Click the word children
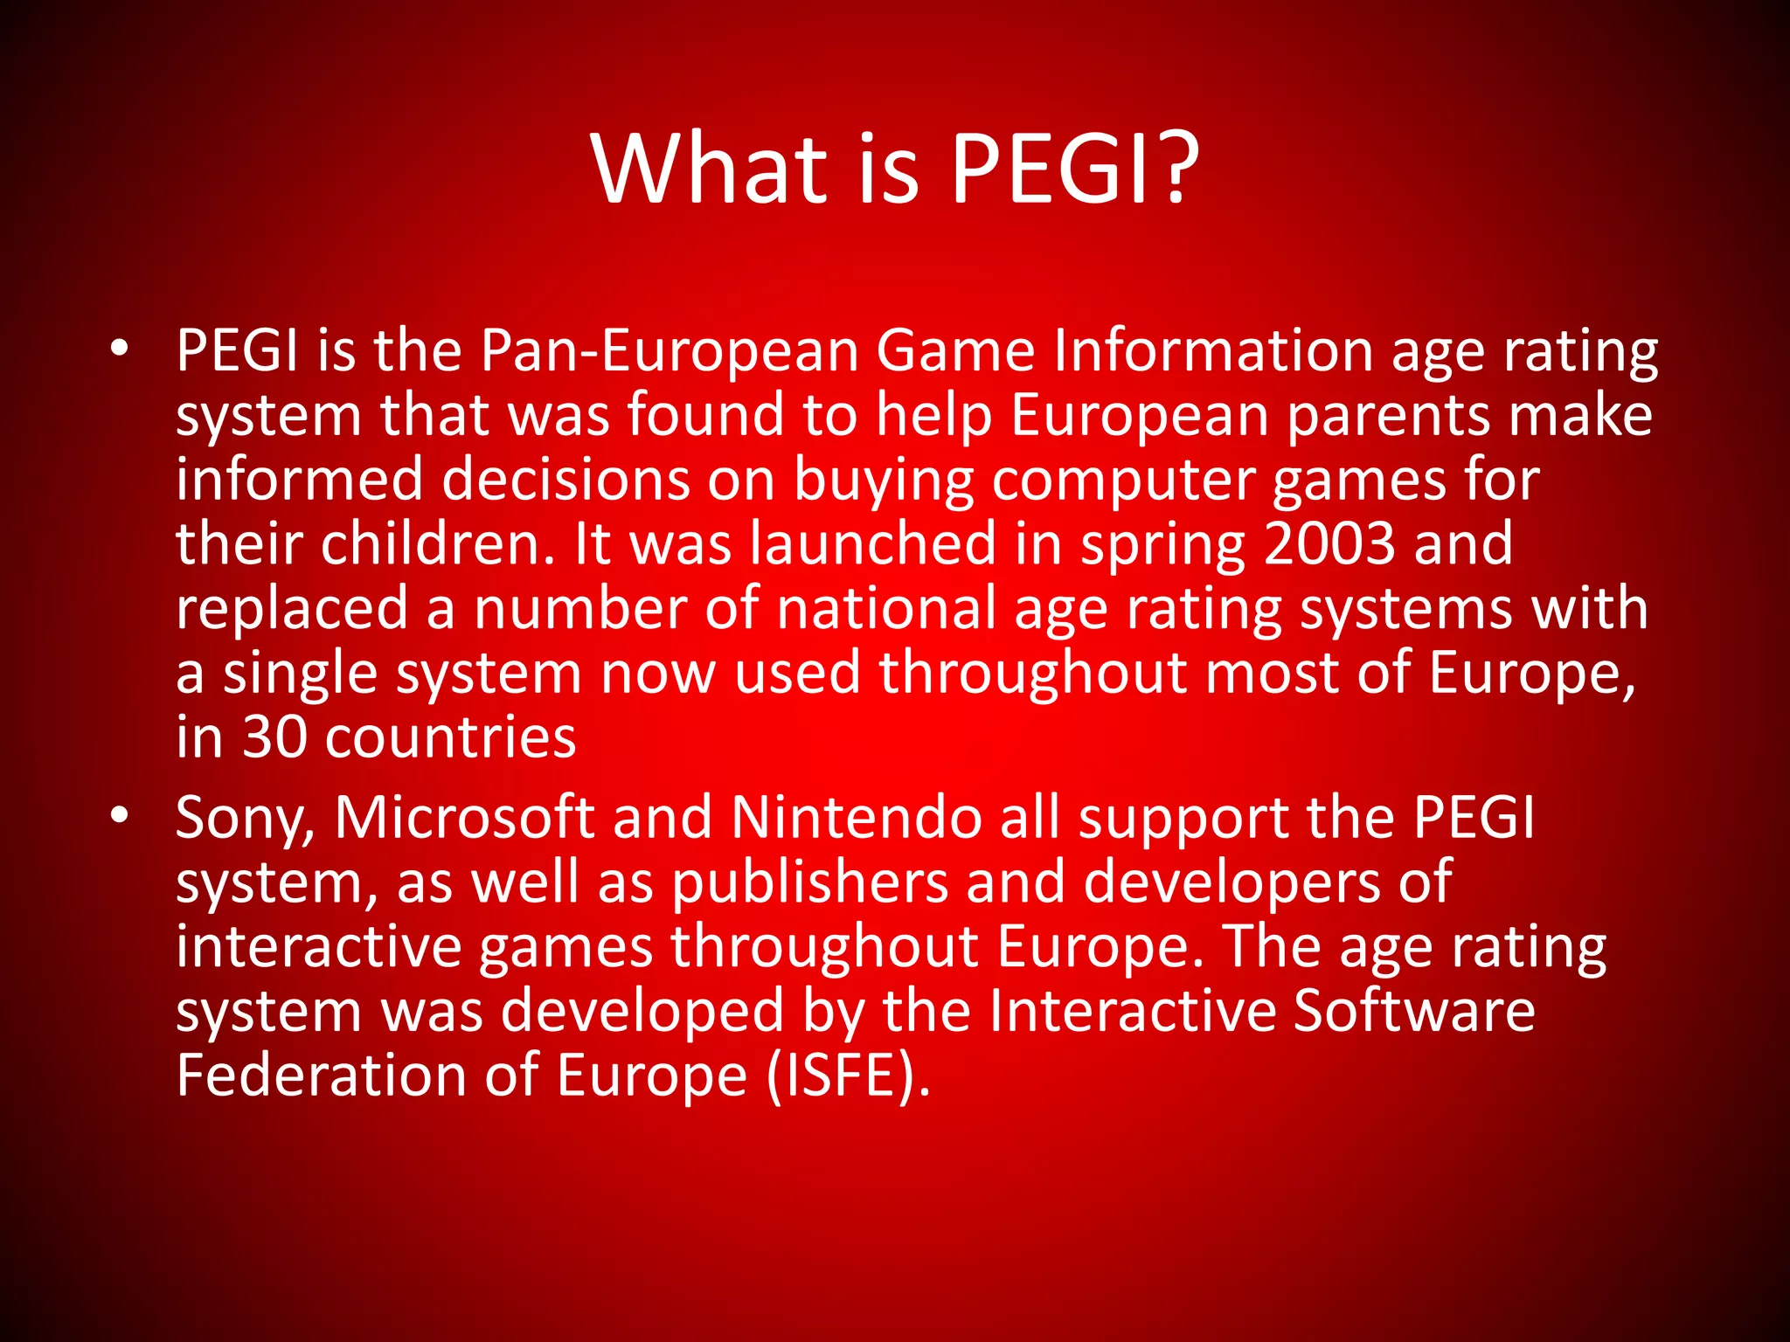tap(438, 543)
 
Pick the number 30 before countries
tap(274, 737)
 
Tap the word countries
tap(451, 738)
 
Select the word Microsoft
tap(464, 818)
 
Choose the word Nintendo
tap(856, 818)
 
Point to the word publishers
tap(810, 882)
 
